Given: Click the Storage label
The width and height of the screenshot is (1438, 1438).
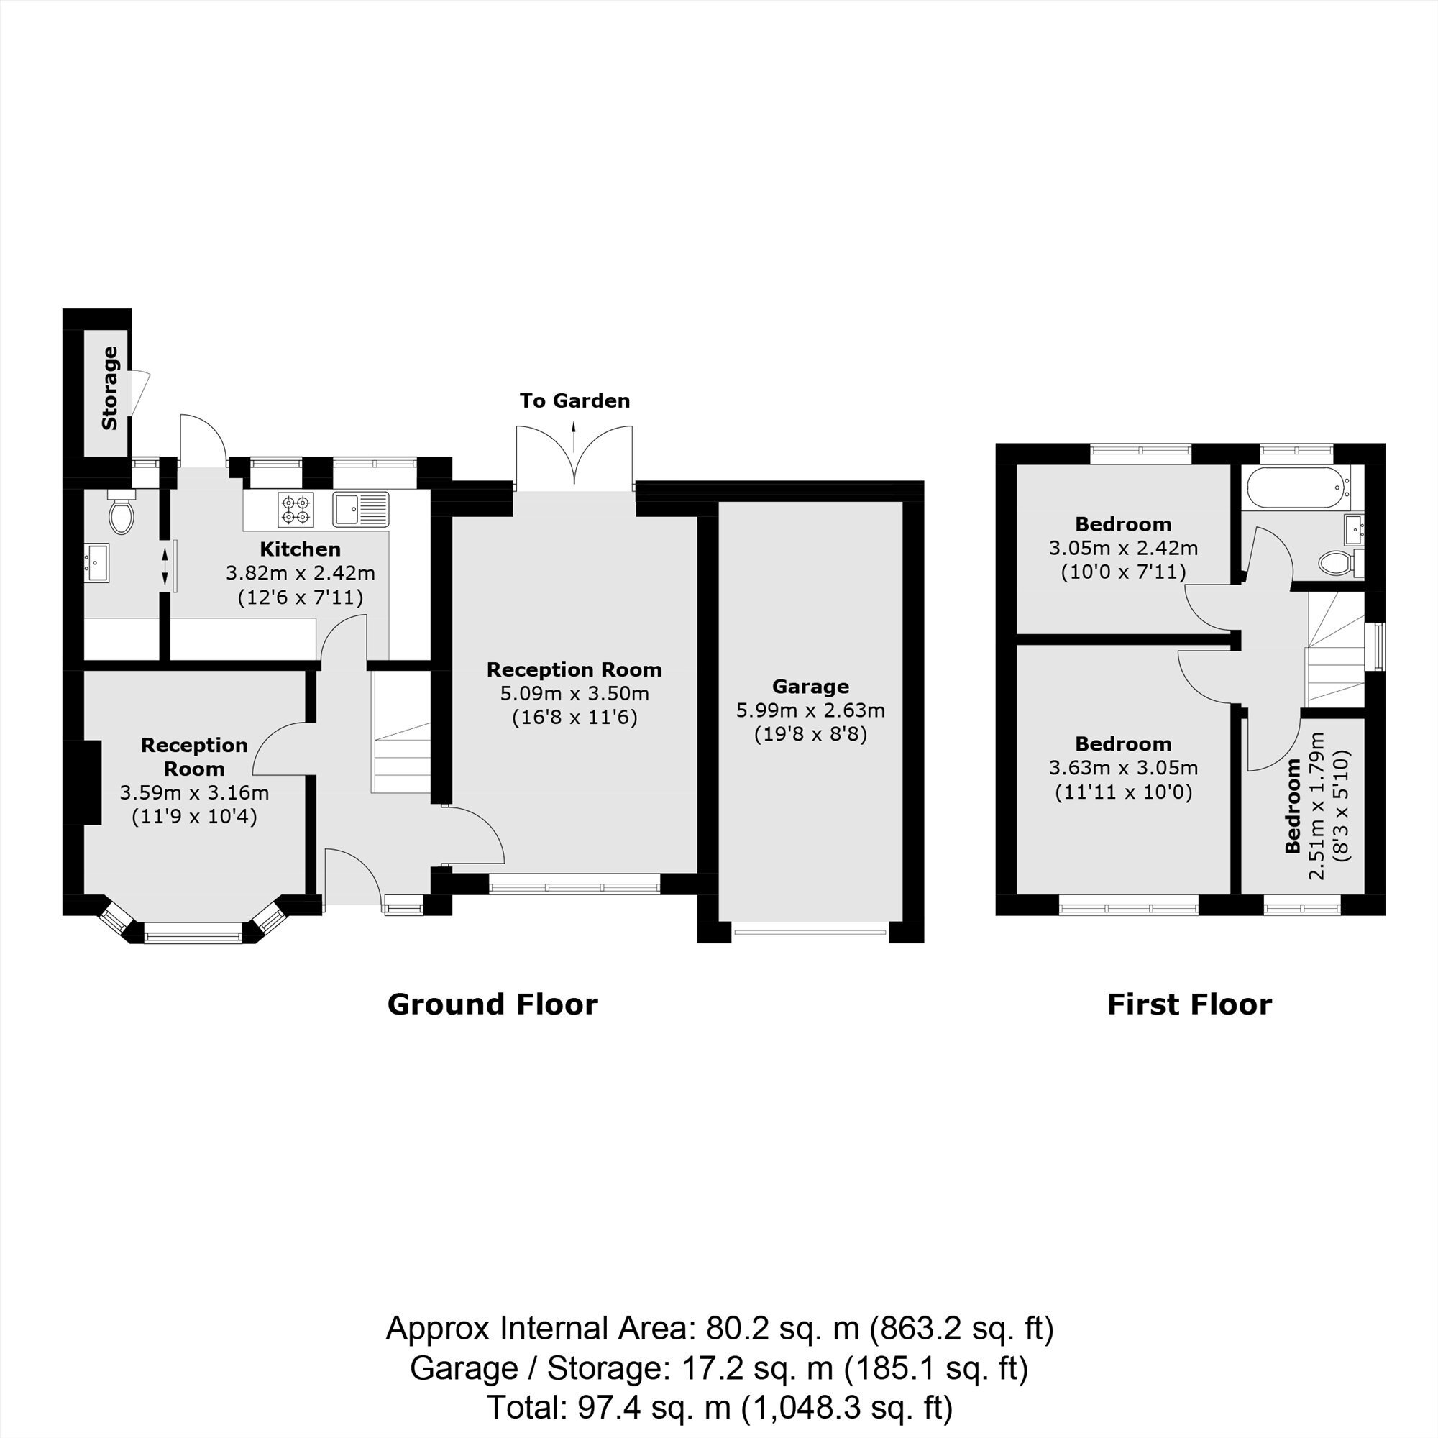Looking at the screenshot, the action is pyautogui.click(x=109, y=388).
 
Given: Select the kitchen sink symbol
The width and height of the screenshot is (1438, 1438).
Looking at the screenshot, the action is pyautogui.click(x=361, y=509).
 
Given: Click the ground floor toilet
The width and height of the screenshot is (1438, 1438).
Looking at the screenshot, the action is pyautogui.click(x=121, y=511).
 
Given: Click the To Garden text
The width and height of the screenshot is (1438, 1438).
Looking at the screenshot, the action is pyautogui.click(x=574, y=401).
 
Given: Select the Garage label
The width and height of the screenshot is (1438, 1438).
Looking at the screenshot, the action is pyautogui.click(x=810, y=686).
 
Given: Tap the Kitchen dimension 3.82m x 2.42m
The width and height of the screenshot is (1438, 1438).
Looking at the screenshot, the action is pyautogui.click(x=300, y=573).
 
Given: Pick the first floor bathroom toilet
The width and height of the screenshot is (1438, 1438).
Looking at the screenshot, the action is pyautogui.click(x=1340, y=563).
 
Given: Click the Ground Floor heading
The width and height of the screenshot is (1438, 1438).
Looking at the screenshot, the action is pyautogui.click(x=493, y=1004).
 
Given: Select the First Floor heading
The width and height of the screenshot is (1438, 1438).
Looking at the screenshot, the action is pyautogui.click(x=1189, y=1004).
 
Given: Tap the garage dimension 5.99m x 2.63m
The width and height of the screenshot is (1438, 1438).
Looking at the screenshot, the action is pyautogui.click(x=810, y=710).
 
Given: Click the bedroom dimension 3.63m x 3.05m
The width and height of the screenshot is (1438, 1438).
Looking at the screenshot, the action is pyautogui.click(x=1123, y=767).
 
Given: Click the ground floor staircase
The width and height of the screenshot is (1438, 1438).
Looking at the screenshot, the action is pyautogui.click(x=401, y=733).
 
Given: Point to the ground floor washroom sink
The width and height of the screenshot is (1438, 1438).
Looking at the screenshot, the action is pyautogui.click(x=96, y=563).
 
